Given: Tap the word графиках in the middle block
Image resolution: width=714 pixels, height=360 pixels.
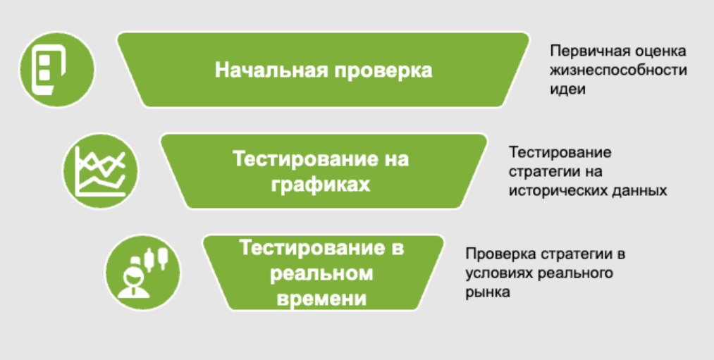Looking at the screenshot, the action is coord(321,186).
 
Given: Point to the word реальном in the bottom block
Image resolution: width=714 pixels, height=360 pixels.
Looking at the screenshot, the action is coord(321,274).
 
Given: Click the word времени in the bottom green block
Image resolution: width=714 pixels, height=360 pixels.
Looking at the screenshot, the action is coord(321,299).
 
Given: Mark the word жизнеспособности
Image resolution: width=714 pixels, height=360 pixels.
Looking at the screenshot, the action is coord(618,70).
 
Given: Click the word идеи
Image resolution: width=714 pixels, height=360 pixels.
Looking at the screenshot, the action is coord(567,89).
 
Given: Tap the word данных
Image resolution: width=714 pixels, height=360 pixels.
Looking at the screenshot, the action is coord(636,191).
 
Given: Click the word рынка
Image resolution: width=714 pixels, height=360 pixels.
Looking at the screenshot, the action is coord(488,292).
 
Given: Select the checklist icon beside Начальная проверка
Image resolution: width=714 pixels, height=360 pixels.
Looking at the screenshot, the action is coord(57,70).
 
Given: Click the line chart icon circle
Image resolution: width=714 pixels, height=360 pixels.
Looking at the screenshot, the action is coord(100,171).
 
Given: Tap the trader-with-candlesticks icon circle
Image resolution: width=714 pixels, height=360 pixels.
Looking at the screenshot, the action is coord(142,272).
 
